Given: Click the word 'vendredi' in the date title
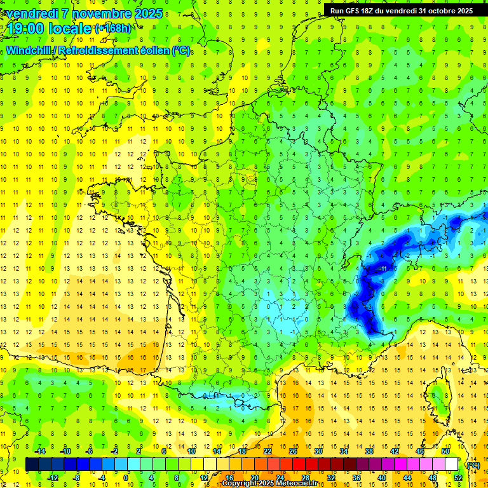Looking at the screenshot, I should pyautogui.click(x=31, y=13).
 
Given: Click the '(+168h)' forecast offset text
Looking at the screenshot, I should pyautogui.click(x=114, y=29).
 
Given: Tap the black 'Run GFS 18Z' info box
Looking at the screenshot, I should pyautogui.click(x=401, y=11).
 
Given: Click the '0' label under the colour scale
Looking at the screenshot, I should pyautogui.click(x=125, y=478).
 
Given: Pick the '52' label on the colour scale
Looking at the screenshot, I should pyautogui.click(x=457, y=478).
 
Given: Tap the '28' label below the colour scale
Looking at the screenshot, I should pyautogui.click(x=305, y=478).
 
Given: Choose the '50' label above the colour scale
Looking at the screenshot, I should pyautogui.click(x=445, y=451).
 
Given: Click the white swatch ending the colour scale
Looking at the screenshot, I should pyautogui.click(x=451, y=464).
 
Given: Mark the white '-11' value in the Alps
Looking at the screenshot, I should pyautogui.click(x=383, y=269).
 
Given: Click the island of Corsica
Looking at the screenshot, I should pyautogui.click(x=439, y=397).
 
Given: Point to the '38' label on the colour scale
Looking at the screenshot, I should pyautogui.click(x=369, y=451).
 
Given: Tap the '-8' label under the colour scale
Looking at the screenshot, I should pyautogui.click(x=76, y=478).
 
